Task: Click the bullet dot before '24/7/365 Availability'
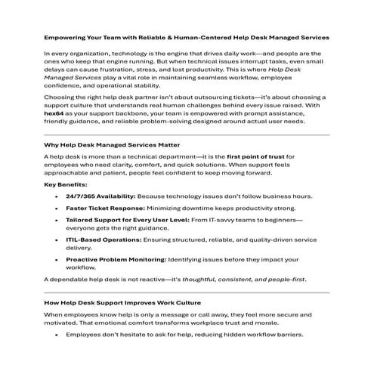coord(58,196)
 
